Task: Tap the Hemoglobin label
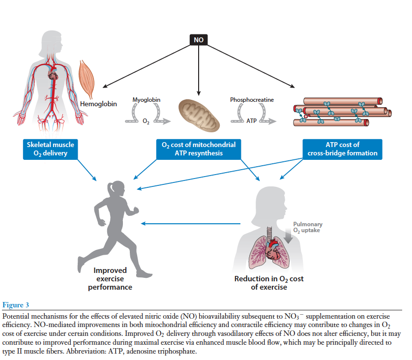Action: tap(98, 104)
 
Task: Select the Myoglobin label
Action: tap(147, 100)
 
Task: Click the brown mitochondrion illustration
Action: tap(199, 115)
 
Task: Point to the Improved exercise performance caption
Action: tap(110, 278)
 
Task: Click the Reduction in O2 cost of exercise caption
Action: tap(269, 283)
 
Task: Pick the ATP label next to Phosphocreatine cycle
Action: tap(252, 120)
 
